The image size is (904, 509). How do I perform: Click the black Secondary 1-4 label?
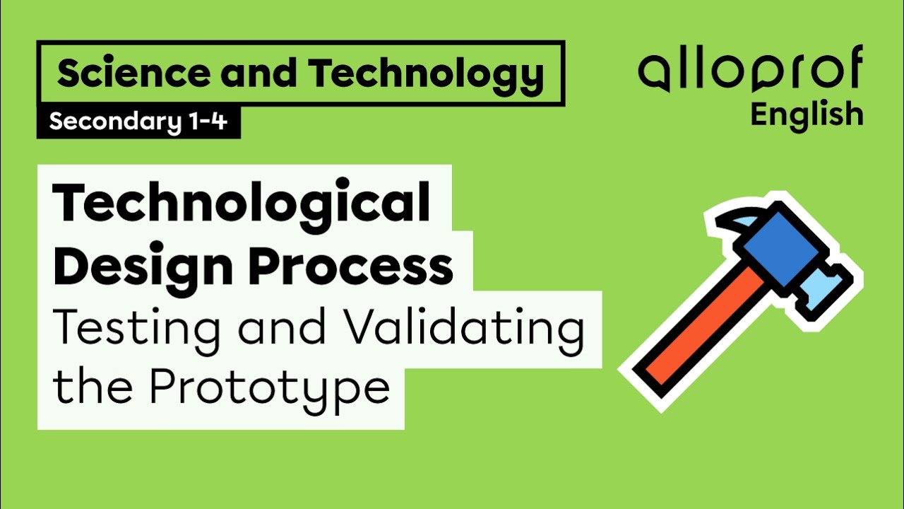click(x=138, y=122)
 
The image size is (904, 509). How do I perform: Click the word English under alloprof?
click(x=807, y=114)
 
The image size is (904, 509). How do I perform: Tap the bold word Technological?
click(x=242, y=203)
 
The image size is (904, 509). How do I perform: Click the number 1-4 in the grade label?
click(x=208, y=122)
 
